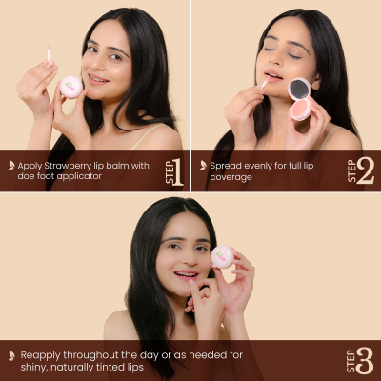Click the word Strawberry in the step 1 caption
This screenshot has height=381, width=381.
tap(68, 165)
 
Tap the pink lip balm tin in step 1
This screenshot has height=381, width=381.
tap(70, 87)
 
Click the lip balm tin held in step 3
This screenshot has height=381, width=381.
tap(222, 255)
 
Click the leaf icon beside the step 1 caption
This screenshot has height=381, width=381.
tap(11, 166)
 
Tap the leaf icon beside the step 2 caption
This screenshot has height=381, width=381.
tap(202, 166)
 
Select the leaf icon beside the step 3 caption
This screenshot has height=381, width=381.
tap(11, 355)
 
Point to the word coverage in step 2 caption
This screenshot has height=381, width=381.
tap(232, 177)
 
